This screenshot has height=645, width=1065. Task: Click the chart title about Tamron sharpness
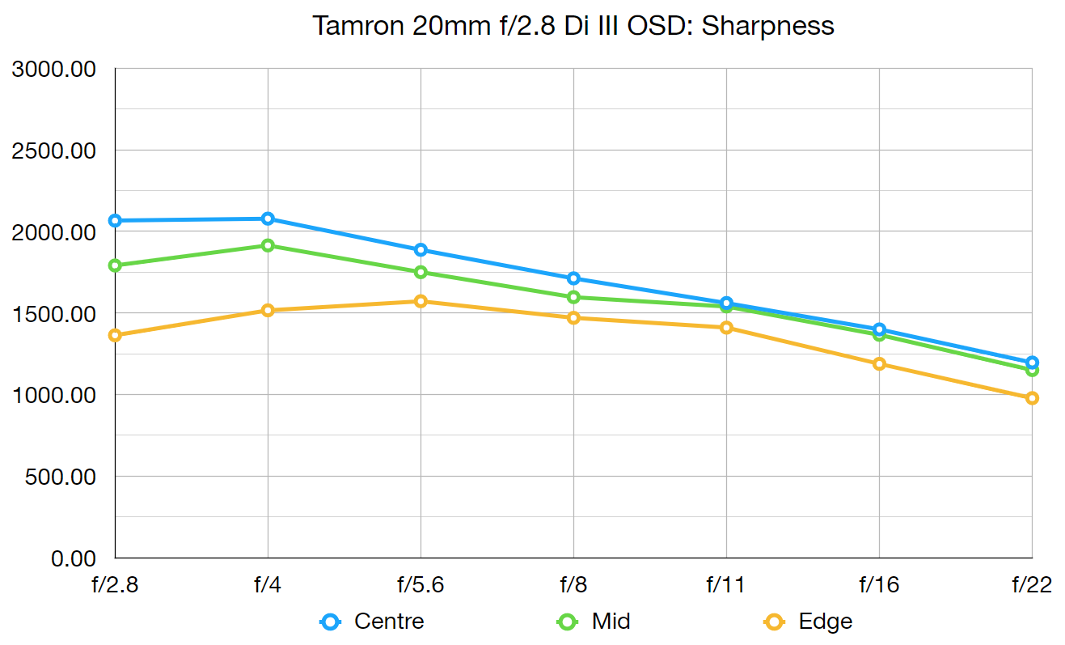click(x=573, y=25)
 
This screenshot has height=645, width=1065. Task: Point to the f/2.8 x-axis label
click(x=115, y=584)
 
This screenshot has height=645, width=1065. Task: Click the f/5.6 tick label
click(x=421, y=584)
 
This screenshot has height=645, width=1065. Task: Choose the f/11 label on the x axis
click(x=726, y=584)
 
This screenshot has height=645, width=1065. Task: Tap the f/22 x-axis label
click(x=1031, y=584)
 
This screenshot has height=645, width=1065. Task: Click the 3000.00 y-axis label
click(x=54, y=70)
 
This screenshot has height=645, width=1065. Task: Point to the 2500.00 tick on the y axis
click(x=54, y=151)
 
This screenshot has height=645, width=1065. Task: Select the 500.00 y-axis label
click(x=61, y=477)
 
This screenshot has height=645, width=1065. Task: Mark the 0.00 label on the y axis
click(x=74, y=558)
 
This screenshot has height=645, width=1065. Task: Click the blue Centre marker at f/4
click(x=268, y=219)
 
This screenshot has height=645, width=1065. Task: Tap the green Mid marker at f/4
click(x=268, y=245)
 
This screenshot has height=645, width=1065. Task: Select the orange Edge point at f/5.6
click(x=421, y=301)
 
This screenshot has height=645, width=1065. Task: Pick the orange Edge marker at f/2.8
click(x=115, y=335)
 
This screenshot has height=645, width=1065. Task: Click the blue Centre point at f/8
click(x=573, y=278)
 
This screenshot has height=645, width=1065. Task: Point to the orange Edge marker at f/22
click(x=1032, y=398)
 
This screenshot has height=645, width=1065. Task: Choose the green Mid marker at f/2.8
click(x=115, y=265)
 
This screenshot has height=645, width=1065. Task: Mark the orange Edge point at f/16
click(x=879, y=364)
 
